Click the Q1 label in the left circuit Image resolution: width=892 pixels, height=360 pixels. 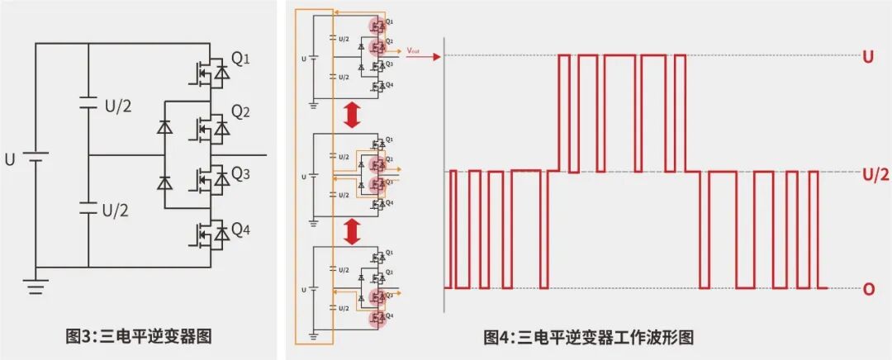(x=240, y=59)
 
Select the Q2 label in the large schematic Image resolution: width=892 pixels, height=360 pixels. (x=240, y=111)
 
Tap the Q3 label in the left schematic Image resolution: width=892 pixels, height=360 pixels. (x=240, y=173)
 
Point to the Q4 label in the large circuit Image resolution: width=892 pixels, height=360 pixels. (x=240, y=230)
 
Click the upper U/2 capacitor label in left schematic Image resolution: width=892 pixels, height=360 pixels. (x=116, y=107)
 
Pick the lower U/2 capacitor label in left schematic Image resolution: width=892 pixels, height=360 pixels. (x=116, y=210)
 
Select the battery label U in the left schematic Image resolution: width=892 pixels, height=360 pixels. (x=10, y=159)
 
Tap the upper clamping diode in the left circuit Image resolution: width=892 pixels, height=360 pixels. (x=164, y=128)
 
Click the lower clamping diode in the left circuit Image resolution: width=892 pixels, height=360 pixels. (x=164, y=182)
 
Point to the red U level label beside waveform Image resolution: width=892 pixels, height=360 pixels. (x=868, y=58)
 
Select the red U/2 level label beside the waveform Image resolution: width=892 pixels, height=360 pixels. (x=875, y=174)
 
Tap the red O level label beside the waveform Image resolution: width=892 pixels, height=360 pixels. (x=868, y=290)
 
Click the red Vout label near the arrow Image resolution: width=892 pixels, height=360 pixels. (x=414, y=51)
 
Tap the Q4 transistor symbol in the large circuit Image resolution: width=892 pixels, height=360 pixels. (x=207, y=234)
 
